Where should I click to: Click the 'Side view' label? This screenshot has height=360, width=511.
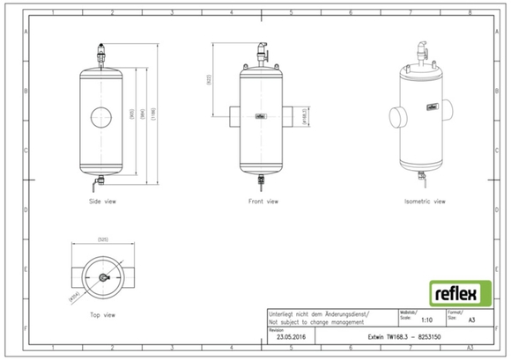tap(102, 201)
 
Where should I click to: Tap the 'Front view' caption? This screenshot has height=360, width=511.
tap(261, 201)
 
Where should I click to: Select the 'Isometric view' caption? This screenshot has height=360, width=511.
tap(425, 201)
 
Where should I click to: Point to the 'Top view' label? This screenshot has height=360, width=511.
tap(103, 314)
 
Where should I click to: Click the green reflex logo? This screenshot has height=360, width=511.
tap(455, 291)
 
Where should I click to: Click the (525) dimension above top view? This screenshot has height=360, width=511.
tap(102, 239)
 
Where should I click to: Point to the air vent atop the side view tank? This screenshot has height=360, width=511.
tap(103, 55)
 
